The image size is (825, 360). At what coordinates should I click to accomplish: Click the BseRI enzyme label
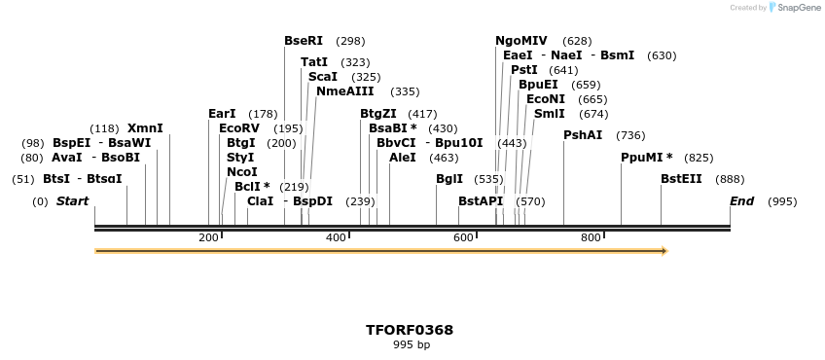tap(304, 41)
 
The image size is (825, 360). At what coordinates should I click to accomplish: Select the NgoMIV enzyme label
tap(521, 41)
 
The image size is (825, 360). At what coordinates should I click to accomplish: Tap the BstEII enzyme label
tap(681, 179)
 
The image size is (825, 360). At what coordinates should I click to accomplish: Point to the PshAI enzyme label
tap(583, 135)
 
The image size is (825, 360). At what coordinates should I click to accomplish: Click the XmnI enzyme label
tap(145, 128)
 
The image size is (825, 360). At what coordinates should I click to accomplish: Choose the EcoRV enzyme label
tap(239, 128)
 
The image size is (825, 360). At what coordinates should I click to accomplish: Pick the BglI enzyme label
tap(449, 179)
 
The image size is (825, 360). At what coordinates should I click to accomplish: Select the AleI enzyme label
tap(403, 158)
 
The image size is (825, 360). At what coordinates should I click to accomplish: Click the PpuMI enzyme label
tap(641, 158)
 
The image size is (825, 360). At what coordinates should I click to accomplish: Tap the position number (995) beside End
tap(782, 201)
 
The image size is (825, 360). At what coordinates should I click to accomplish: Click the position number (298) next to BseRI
tap(350, 41)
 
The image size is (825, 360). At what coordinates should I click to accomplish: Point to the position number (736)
tap(630, 135)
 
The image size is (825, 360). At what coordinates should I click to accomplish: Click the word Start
tap(72, 201)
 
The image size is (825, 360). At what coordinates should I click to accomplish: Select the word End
tap(742, 201)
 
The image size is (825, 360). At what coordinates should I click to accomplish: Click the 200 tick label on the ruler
tap(208, 238)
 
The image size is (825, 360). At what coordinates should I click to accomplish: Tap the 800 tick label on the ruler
tap(591, 238)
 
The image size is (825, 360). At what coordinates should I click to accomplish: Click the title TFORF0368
tap(410, 330)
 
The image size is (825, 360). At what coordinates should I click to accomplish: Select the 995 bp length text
tap(411, 345)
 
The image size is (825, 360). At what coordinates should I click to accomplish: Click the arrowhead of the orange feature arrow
tap(664, 251)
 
